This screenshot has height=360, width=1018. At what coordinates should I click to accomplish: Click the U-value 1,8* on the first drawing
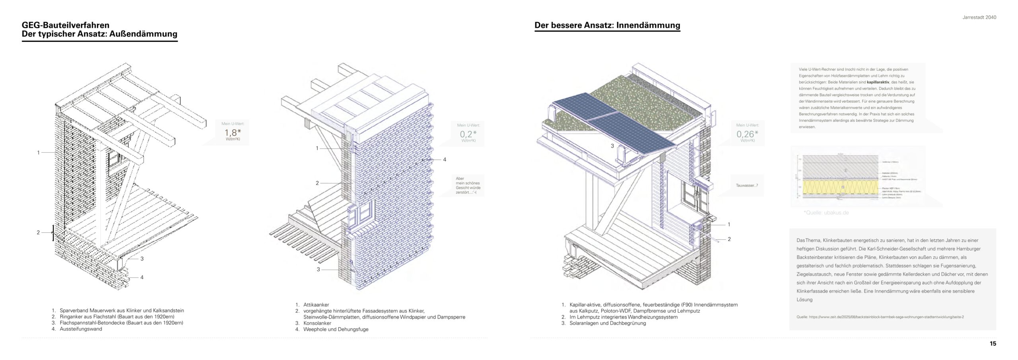233,133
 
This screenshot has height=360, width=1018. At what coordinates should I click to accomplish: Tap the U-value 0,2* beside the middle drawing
468,134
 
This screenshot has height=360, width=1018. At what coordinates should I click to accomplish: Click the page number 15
993,344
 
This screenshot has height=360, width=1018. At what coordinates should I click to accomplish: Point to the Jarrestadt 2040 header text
979,18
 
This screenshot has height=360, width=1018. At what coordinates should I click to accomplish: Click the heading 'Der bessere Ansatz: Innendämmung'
607,25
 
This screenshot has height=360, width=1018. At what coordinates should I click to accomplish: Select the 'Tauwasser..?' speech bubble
747,185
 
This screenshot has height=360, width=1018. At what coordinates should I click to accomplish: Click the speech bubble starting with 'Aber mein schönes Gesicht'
468,185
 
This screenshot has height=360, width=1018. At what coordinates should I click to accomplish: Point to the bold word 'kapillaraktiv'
886,82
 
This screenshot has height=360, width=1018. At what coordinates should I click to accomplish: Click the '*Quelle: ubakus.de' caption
826,213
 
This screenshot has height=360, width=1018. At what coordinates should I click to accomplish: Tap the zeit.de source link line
880,317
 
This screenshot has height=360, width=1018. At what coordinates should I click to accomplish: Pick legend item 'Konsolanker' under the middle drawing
317,323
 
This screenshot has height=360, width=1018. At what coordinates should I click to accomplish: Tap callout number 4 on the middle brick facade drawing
445,160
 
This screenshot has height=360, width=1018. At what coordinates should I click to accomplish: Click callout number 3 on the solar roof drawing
612,146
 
